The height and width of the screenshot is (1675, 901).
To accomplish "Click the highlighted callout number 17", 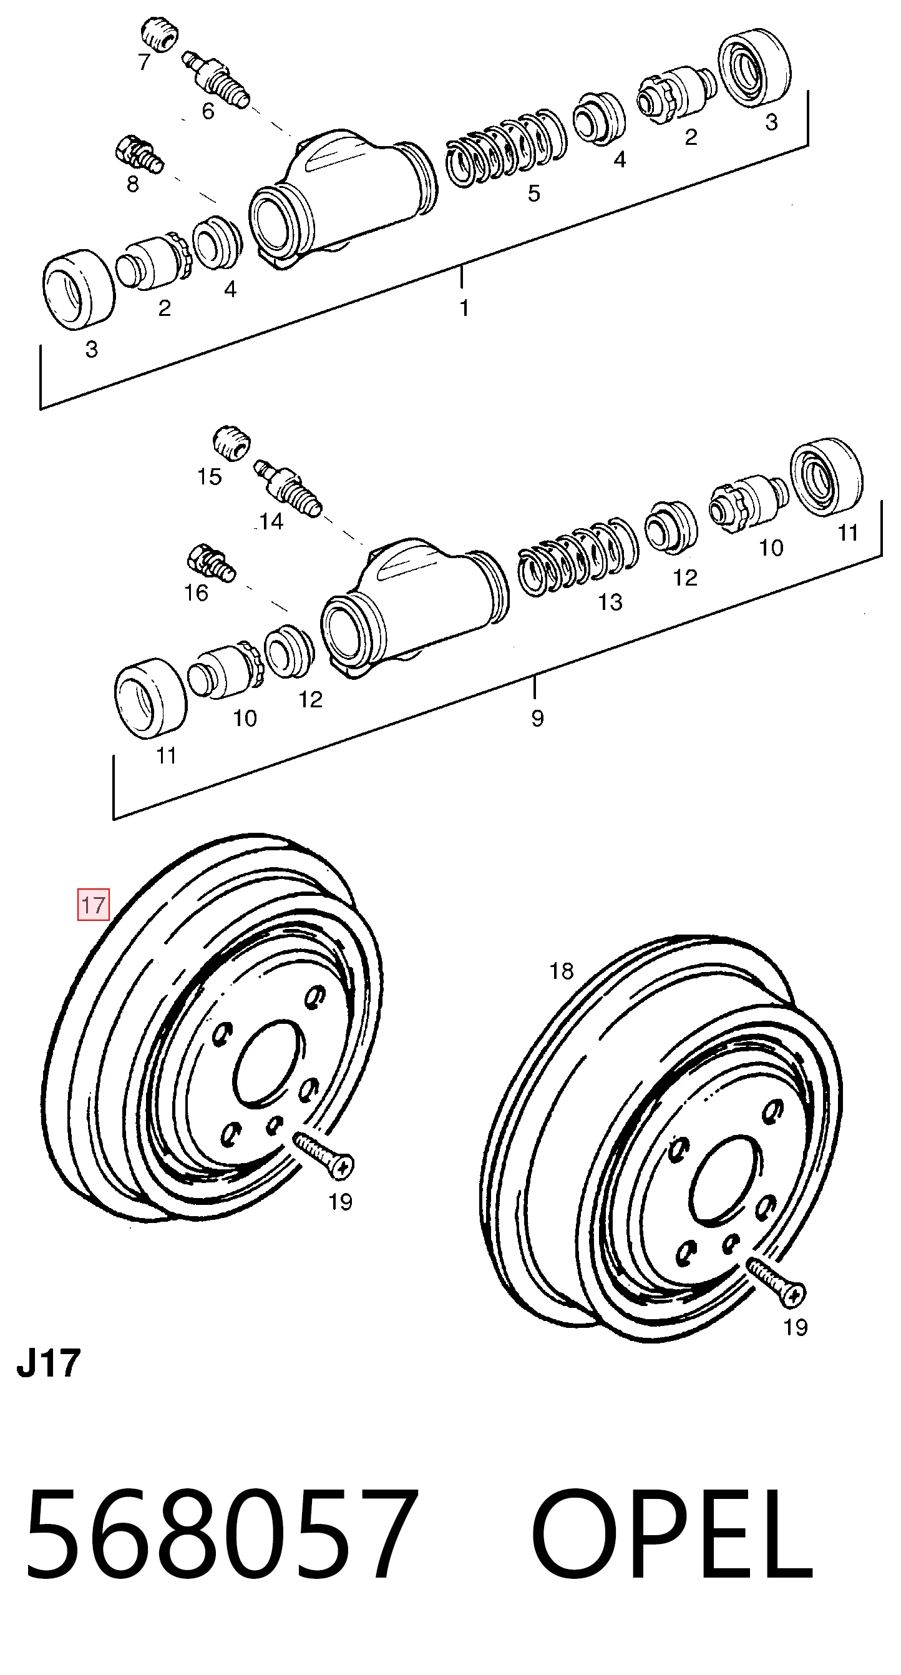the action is [x=93, y=905].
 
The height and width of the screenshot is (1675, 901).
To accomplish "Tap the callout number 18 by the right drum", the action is [x=562, y=971].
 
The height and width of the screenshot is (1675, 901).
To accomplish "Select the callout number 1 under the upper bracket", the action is [x=464, y=308].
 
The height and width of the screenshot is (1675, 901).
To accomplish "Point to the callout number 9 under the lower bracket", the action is [x=537, y=719].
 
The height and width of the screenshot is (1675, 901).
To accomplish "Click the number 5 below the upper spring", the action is [x=533, y=193].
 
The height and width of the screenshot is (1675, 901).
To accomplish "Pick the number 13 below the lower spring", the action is [x=610, y=602].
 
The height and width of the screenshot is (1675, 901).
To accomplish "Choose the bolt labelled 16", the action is [x=212, y=562].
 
